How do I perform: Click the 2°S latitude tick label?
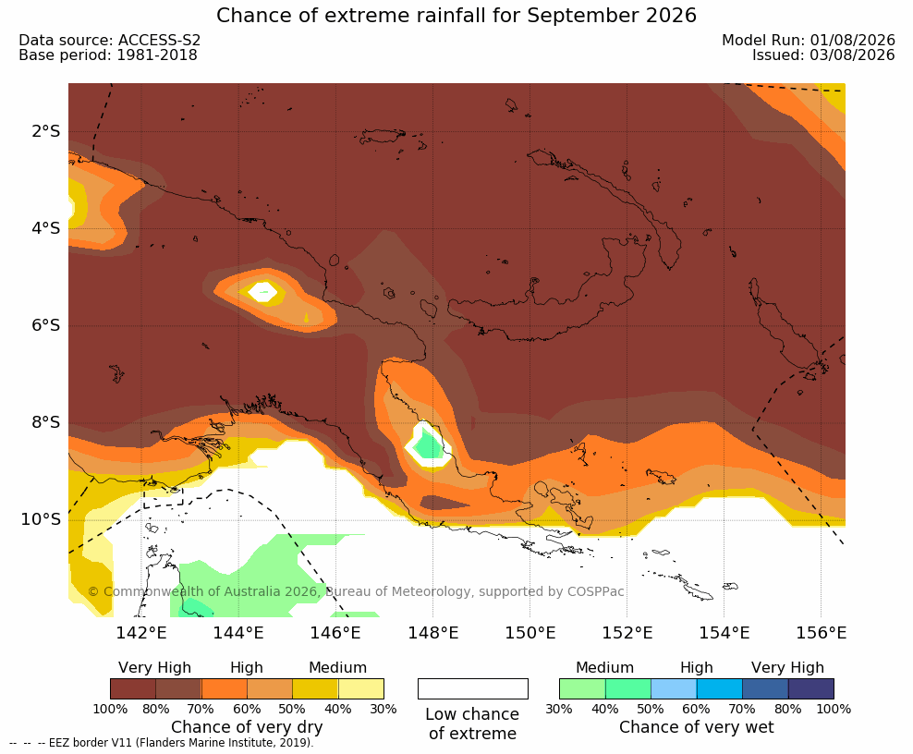46,131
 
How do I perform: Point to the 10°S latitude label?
41,518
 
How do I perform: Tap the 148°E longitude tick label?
432,632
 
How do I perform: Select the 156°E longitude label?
821,632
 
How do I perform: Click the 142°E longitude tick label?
141,632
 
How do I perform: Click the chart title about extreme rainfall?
456,15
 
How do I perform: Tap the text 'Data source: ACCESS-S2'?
109,40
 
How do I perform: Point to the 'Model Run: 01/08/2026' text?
809,40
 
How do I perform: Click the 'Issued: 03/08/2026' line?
823,55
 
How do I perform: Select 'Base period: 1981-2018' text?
108,55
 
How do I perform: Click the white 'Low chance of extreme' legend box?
473,688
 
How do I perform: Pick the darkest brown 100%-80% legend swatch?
133,688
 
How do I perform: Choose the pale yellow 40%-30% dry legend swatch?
361,688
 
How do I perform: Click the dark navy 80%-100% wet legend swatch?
811,688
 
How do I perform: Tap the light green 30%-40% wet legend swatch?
582,688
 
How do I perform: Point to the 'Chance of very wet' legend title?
697,727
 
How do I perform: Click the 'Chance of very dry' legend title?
247,727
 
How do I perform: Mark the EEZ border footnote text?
162,743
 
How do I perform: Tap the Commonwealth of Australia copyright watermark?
356,591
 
